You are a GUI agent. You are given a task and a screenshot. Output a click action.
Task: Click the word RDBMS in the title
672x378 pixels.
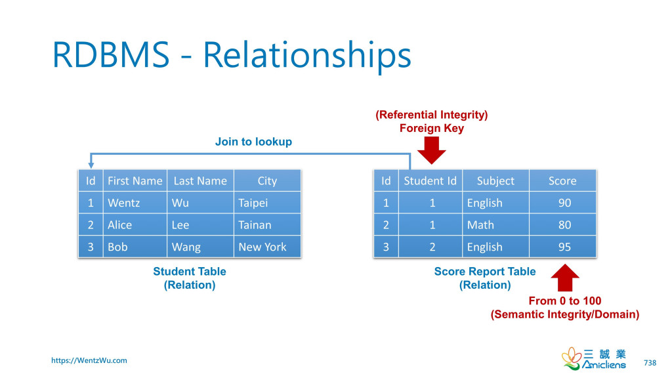[x=111, y=54]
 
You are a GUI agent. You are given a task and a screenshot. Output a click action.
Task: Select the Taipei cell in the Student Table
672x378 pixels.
[x=268, y=203]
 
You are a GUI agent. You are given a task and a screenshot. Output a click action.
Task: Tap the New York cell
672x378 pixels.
[x=268, y=247]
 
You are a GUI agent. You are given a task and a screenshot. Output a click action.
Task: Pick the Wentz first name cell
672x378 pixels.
[x=135, y=203]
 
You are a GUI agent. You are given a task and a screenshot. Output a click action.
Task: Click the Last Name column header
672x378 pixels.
[x=200, y=181]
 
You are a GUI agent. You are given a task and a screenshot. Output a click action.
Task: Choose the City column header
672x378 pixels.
[x=268, y=181]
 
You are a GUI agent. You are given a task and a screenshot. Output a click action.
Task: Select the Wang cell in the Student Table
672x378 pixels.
[x=200, y=247]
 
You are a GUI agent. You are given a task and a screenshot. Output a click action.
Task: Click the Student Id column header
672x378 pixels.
[x=430, y=181]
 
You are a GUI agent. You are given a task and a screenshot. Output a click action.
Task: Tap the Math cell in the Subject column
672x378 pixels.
[x=496, y=225]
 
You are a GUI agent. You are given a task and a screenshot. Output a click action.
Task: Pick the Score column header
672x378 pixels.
[x=562, y=181]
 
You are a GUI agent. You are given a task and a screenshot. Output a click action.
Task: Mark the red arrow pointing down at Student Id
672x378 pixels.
[x=432, y=150]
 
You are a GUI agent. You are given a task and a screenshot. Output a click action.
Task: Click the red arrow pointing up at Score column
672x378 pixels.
[x=565, y=278]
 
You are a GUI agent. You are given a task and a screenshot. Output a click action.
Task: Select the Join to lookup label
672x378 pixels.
[x=253, y=142]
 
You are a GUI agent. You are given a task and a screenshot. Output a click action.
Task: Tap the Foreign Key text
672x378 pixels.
[x=432, y=128]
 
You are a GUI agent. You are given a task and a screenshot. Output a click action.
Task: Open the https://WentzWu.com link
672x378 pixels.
[x=89, y=360]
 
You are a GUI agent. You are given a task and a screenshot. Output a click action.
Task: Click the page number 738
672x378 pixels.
[x=650, y=362]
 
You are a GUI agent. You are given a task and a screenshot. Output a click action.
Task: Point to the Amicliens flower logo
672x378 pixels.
[x=571, y=358]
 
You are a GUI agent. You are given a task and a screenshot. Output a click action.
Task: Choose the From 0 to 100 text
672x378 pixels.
[x=565, y=301]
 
